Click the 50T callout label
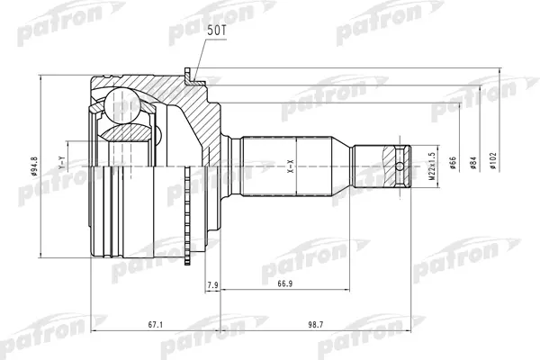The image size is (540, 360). [216, 31]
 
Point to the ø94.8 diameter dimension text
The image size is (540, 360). [34, 166]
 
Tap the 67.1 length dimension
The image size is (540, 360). [155, 325]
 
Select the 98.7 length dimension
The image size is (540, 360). [316, 325]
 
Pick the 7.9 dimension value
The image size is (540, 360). [212, 285]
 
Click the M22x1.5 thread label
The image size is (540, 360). [432, 166]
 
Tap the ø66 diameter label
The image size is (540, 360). [453, 163]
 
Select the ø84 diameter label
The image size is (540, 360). [473, 163]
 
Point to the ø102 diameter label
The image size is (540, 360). [493, 160]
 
